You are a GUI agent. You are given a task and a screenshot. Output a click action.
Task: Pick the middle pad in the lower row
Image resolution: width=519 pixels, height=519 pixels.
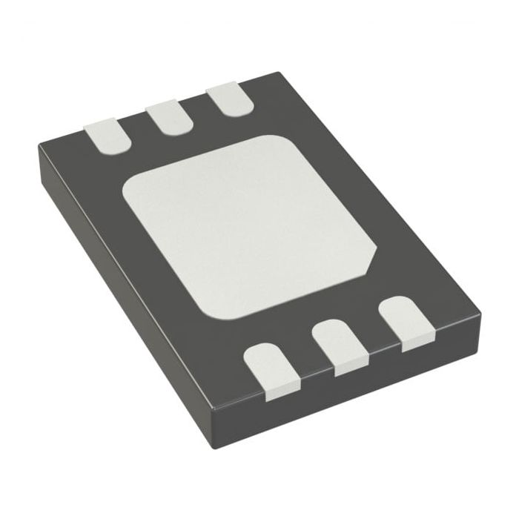(340, 345)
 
